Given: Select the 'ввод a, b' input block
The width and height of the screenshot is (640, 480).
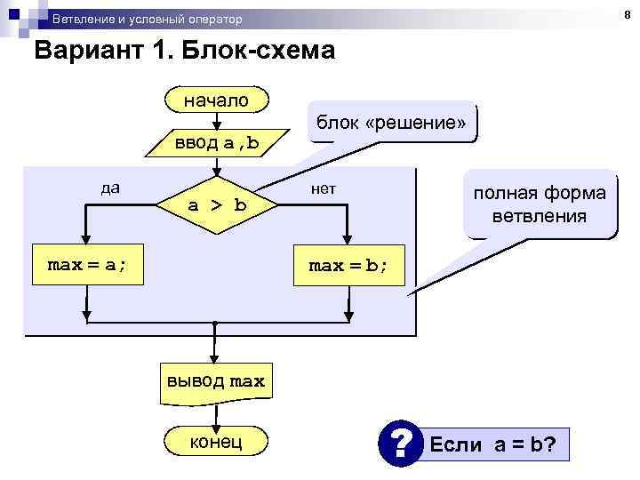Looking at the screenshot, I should click(216, 142).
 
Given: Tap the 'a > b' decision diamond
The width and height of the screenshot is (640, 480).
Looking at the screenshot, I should click(216, 205).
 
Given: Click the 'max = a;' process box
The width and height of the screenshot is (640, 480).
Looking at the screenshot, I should click(86, 266).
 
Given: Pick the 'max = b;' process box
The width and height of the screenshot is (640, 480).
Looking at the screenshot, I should click(348, 266).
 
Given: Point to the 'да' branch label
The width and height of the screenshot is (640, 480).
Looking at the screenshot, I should click(111, 188).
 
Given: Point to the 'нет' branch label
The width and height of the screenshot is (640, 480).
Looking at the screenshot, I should click(323, 188).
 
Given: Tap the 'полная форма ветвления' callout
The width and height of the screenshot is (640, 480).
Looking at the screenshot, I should click(540, 204).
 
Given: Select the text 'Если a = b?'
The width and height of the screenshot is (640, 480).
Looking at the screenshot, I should click(493, 443).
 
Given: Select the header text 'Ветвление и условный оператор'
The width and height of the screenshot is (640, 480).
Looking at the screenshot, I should click(147, 19).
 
